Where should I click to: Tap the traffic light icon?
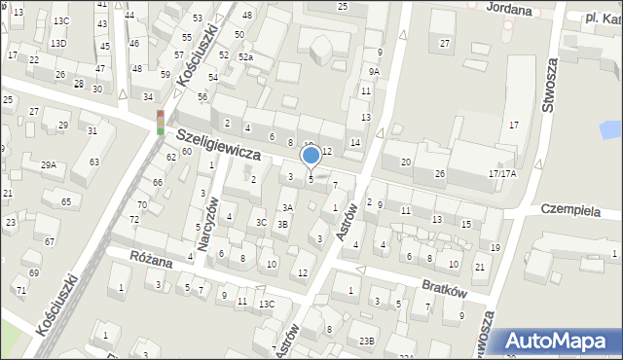coord(161,122)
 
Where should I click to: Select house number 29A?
coord(48,165)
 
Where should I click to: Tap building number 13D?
coord(58,44)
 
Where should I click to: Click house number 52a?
coord(246,58)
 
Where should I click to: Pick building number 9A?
coord(374,71)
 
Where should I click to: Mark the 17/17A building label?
coord(502,173)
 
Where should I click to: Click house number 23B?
coord(366,341)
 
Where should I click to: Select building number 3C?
coord(261,222)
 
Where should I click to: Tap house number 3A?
coord(286,207)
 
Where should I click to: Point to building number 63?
coord(93,162)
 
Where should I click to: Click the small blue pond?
coord(610,128)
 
